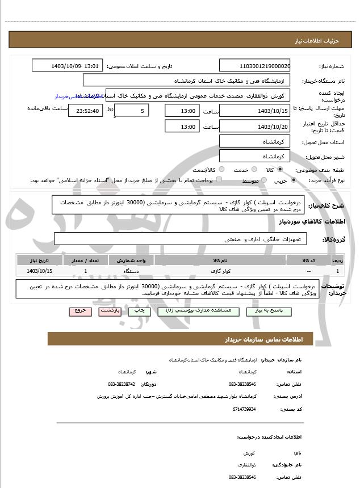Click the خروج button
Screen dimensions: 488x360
click(78, 311)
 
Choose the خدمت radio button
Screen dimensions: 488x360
click(254, 170)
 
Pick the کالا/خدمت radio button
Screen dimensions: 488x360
click(221, 170)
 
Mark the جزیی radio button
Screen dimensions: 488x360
click(293, 180)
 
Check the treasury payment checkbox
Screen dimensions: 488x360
click(220, 180)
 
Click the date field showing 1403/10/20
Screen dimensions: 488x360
click(255, 127)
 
